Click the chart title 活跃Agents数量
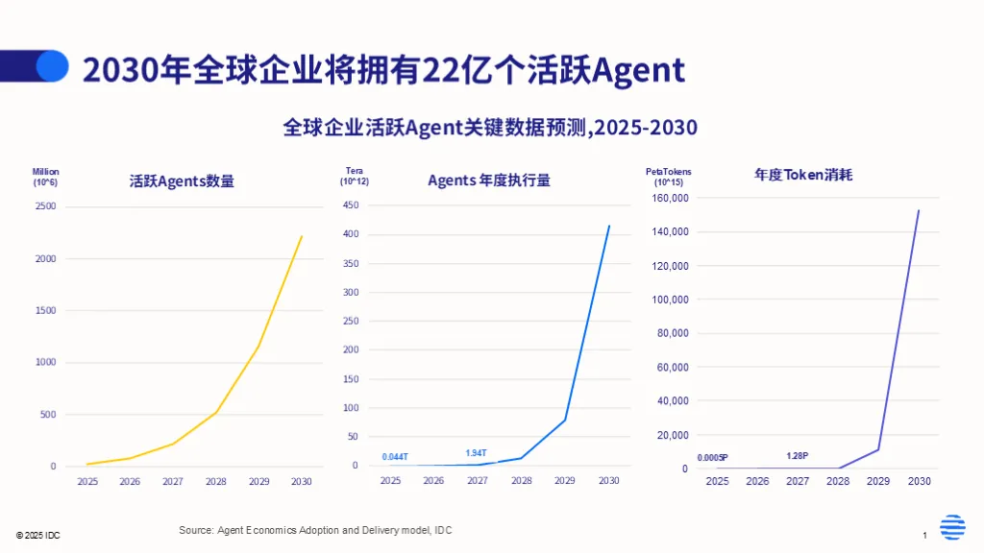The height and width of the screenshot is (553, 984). [182, 180]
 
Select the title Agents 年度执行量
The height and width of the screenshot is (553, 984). [488, 180]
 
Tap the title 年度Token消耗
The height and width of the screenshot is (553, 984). [803, 175]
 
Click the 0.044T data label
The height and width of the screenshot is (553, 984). [395, 456]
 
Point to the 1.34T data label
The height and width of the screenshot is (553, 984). [476, 453]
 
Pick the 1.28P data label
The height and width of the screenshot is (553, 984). [798, 455]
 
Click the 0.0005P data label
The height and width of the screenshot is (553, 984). [712, 457]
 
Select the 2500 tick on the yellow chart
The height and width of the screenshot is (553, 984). [46, 206]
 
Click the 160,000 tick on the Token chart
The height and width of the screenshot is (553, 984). [671, 198]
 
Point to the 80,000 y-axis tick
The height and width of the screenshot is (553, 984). [674, 333]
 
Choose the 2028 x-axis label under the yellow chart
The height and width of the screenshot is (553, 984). [215, 482]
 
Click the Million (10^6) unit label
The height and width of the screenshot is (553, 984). [45, 177]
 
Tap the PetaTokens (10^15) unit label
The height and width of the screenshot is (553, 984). [668, 177]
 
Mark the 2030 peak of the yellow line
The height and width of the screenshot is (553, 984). [302, 236]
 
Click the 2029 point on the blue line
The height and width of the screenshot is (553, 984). [565, 420]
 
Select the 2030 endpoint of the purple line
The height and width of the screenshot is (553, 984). [919, 210]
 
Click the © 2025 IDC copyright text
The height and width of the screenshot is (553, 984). [37, 535]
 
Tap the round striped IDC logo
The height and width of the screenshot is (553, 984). [952, 528]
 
